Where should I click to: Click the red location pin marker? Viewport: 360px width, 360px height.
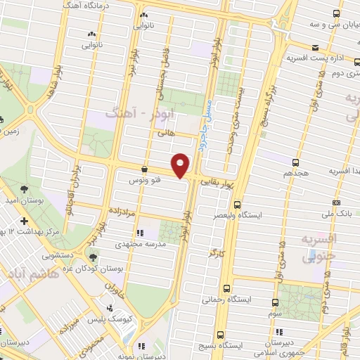point(181,165)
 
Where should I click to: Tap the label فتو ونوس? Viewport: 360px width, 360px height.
point(143,181)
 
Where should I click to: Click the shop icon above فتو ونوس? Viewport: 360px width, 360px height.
point(144,169)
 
